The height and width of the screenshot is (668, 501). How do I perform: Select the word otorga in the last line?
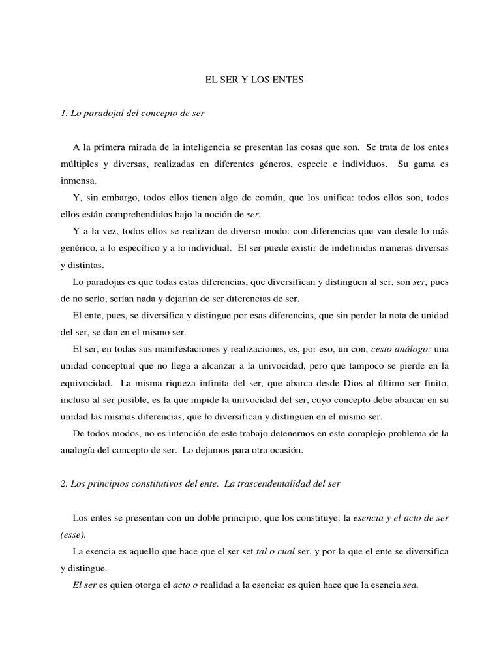point(147,585)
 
